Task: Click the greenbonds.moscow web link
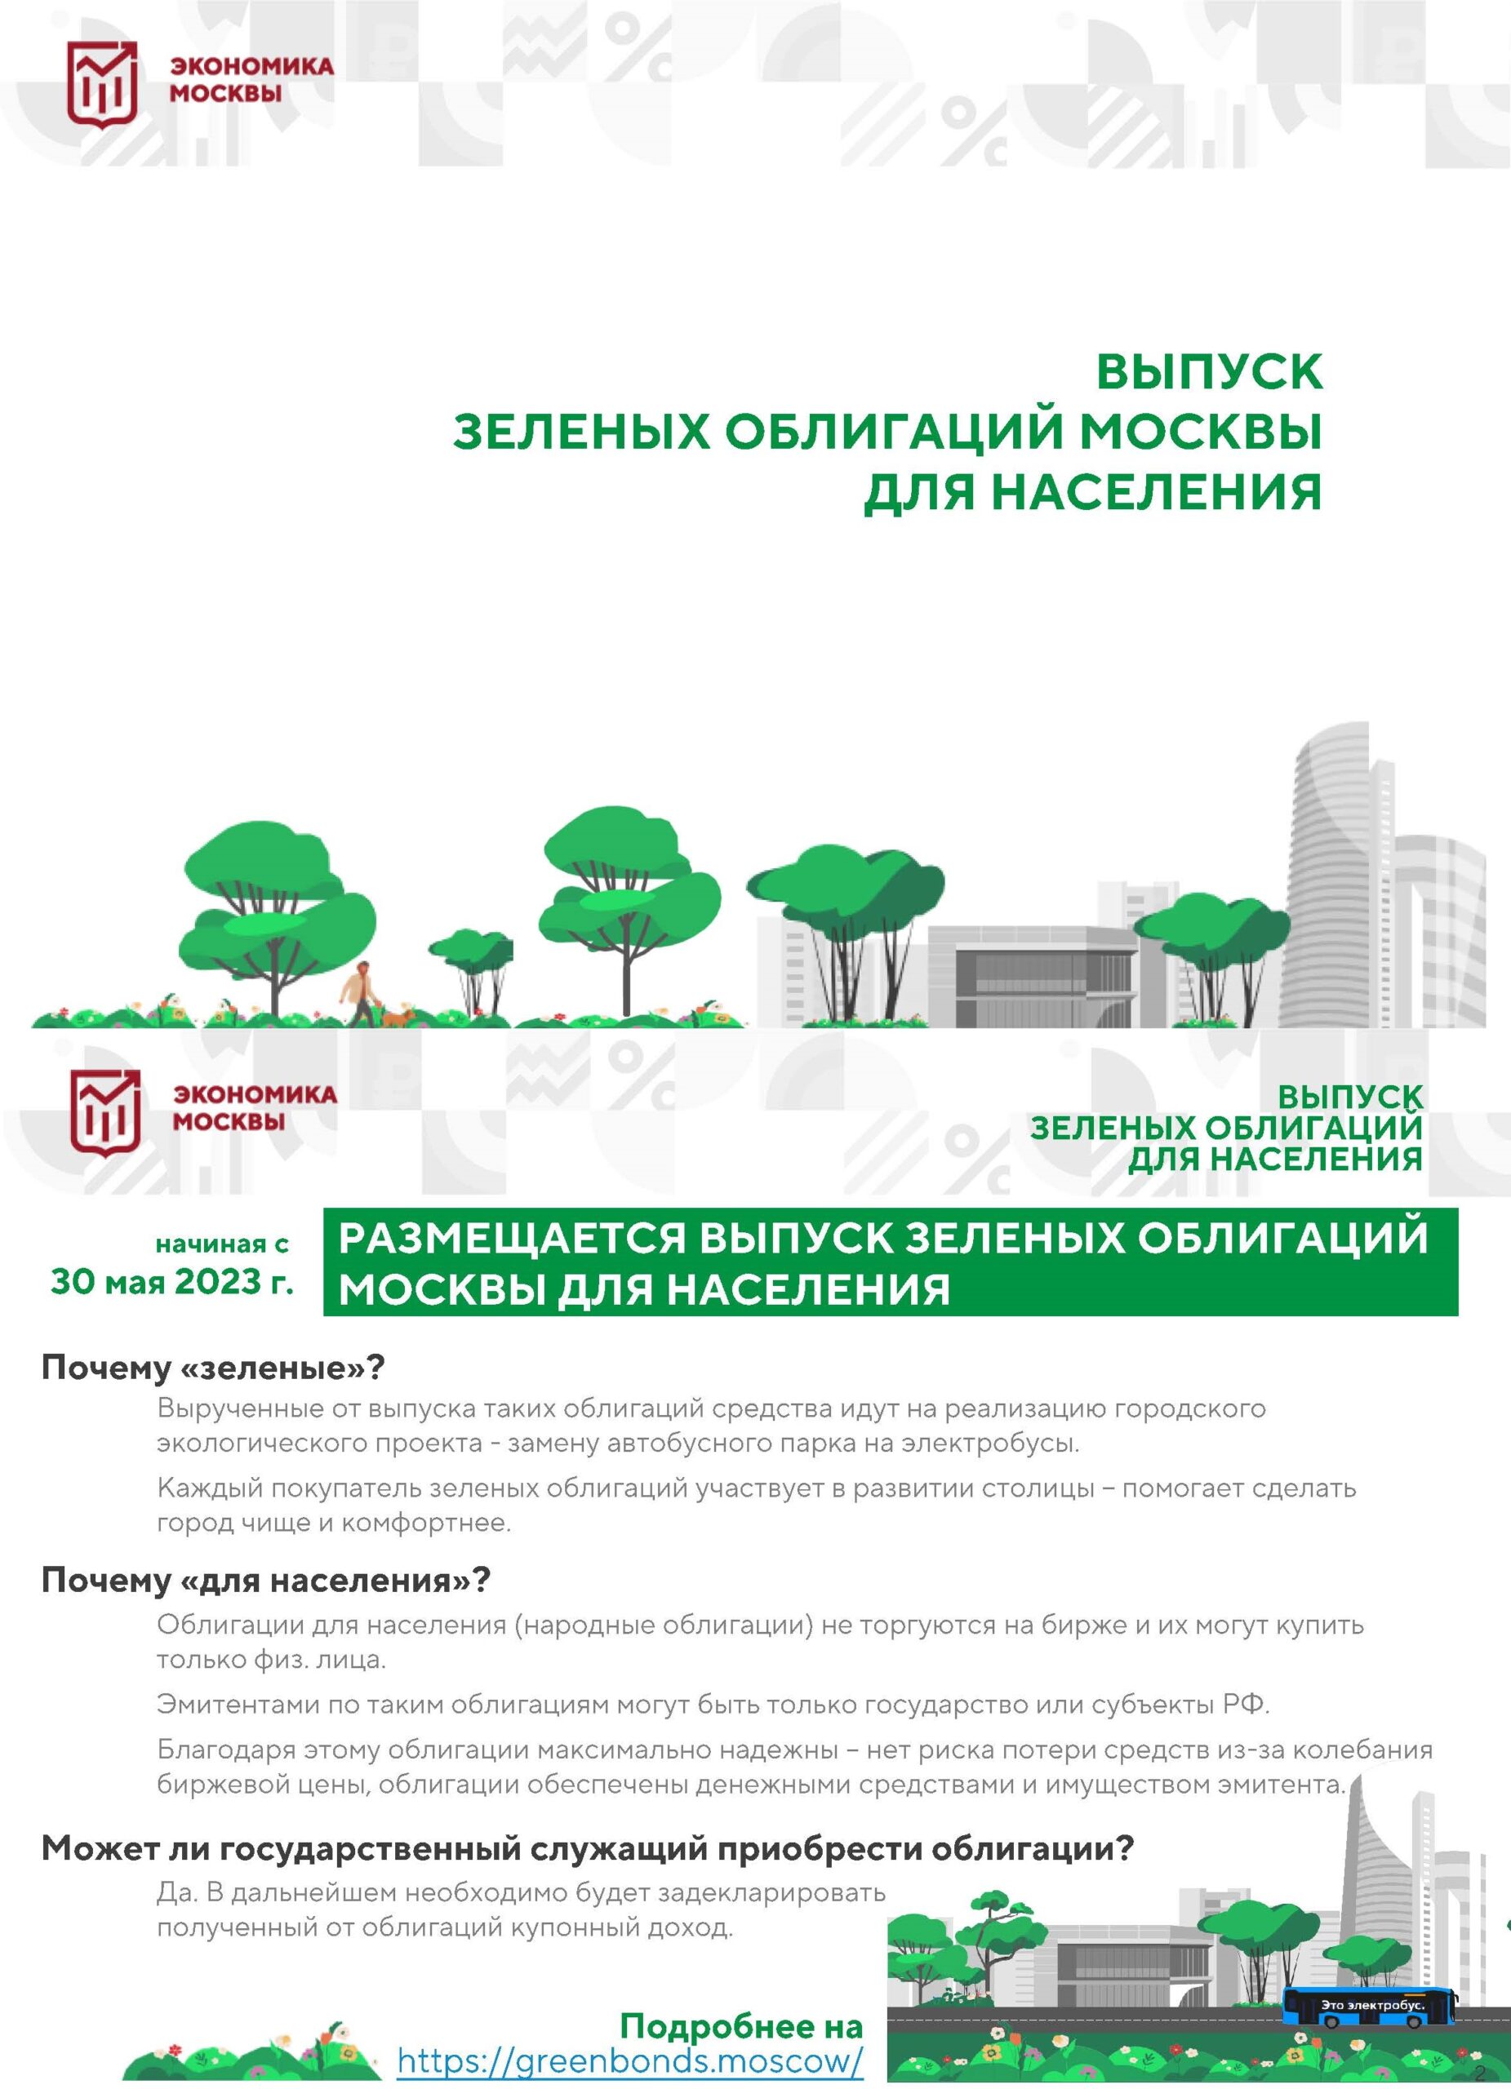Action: point(630,2060)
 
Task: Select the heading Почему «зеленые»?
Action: point(213,1368)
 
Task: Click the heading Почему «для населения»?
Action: point(266,1580)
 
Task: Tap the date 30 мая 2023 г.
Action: point(172,1281)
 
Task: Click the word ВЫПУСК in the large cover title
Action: point(1209,372)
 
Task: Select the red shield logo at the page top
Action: point(102,84)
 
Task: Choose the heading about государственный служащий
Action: point(587,1847)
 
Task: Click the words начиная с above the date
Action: point(222,1244)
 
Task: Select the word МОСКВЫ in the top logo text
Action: point(226,93)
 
